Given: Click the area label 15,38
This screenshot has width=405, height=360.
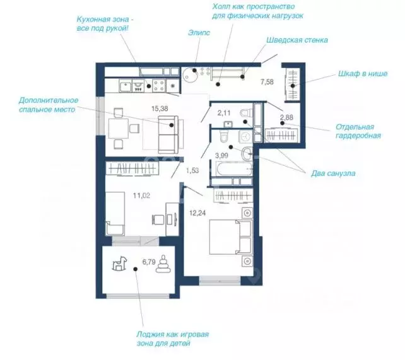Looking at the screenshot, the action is pyautogui.click(x=160, y=108).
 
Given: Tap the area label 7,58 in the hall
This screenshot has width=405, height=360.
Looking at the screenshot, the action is pyautogui.click(x=267, y=82).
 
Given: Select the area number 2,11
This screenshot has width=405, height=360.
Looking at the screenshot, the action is pyautogui.click(x=224, y=113).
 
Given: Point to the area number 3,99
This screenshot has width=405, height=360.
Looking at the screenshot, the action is pyautogui.click(x=222, y=155).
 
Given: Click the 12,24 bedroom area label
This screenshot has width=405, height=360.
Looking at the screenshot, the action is pyautogui.click(x=197, y=213).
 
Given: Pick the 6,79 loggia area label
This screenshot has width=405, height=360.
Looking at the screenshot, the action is pyautogui.click(x=149, y=262).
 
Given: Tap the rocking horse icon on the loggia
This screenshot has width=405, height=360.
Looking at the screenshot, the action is pyautogui.click(x=120, y=264).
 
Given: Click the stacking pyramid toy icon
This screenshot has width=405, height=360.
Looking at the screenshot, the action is pyautogui.click(x=163, y=264).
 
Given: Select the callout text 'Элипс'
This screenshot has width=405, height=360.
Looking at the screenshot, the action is pyautogui.click(x=199, y=33).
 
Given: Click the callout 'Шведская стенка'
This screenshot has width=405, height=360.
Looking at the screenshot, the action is pyautogui.click(x=297, y=40).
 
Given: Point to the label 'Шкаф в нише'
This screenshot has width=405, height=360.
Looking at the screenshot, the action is pyautogui.click(x=363, y=74).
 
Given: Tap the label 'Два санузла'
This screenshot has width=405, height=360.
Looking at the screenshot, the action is pyautogui.click(x=333, y=173).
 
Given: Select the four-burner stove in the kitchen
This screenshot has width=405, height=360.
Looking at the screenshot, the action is pyautogui.click(x=158, y=86).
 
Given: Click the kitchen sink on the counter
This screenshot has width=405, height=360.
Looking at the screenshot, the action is pyautogui.click(x=126, y=86).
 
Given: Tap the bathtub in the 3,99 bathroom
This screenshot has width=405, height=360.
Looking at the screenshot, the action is pyautogui.click(x=234, y=168).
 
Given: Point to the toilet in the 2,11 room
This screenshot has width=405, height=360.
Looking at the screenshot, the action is pyautogui.click(x=246, y=113).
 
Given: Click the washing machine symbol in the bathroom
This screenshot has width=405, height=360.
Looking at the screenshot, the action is pyautogui.click(x=245, y=136).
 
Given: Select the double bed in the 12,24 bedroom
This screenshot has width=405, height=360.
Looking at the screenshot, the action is pyautogui.click(x=230, y=237).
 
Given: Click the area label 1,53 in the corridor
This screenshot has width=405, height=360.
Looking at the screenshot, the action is pyautogui.click(x=192, y=171).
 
